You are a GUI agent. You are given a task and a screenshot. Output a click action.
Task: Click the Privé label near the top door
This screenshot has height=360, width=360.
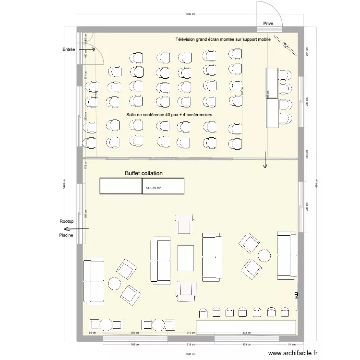[x=268, y=23]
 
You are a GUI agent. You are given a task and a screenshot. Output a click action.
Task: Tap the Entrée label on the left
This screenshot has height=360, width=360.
[x=68, y=49]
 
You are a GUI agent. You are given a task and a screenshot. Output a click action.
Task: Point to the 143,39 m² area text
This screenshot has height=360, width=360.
[x=153, y=188]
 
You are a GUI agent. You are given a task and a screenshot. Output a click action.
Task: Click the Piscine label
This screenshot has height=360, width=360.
[x=66, y=236]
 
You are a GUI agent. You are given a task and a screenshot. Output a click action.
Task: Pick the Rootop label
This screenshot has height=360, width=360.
[x=66, y=221]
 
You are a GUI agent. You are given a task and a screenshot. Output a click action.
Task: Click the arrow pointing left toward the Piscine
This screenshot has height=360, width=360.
[x=80, y=229]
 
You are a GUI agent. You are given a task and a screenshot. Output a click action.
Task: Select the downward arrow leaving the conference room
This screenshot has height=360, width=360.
[x=264, y=160]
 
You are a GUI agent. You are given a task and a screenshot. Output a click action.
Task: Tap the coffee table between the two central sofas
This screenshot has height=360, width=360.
[x=186, y=258]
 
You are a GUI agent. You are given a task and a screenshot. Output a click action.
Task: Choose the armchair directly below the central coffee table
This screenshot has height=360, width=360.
[x=185, y=291]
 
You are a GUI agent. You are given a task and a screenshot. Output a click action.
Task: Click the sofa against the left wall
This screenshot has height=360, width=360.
[x=94, y=281]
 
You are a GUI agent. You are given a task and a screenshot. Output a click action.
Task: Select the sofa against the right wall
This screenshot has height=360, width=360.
[x=286, y=255]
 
